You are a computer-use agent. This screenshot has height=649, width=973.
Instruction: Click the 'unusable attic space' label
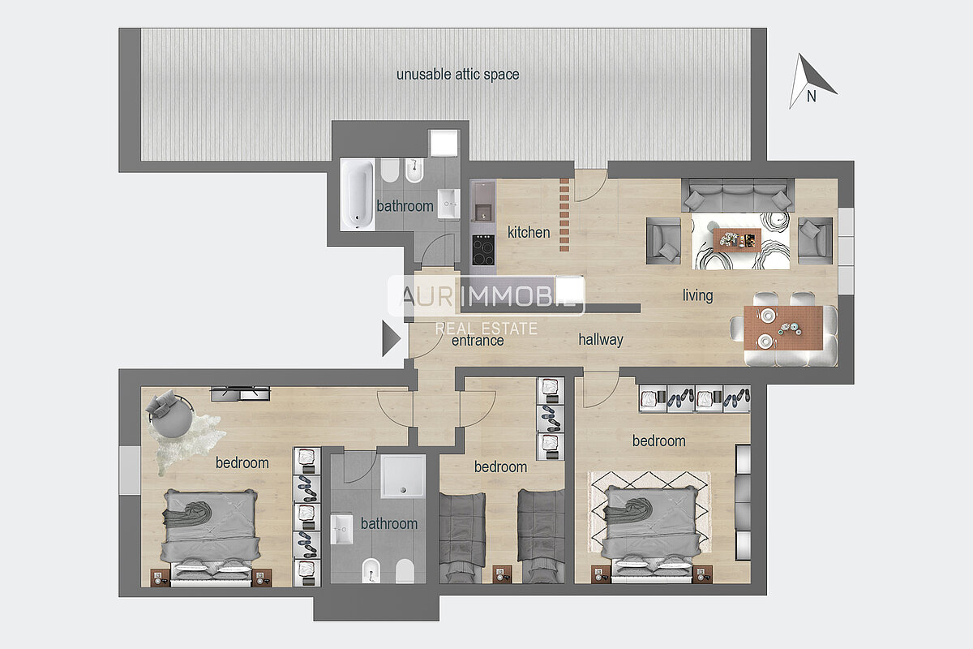point(458,75)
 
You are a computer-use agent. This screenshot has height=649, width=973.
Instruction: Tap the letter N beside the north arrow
point(811,97)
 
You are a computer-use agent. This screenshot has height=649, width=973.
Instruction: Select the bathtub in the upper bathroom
point(358,194)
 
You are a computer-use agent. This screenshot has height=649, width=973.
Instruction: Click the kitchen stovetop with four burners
point(483,250)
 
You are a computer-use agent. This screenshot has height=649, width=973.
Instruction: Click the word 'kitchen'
point(529,233)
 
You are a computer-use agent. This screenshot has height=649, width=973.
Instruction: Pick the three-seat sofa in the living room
point(738,196)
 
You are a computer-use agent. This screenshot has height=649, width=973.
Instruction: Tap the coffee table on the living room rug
point(737,240)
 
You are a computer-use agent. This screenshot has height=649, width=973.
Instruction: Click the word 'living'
point(697,295)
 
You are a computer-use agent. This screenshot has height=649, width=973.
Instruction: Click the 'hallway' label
point(601,339)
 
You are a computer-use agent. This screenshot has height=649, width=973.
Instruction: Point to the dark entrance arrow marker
point(391,338)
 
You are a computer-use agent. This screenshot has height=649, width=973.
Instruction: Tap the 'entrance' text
point(478,341)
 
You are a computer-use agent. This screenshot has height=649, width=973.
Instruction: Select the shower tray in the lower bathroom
point(403,476)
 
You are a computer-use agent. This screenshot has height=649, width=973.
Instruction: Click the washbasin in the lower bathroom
point(342,530)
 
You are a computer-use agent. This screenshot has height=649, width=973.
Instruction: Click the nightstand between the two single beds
point(501,574)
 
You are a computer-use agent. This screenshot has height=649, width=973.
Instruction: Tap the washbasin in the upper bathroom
point(448,204)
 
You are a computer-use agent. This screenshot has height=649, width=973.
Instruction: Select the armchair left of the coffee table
point(663,241)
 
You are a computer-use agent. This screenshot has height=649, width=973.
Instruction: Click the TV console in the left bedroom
point(240,393)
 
